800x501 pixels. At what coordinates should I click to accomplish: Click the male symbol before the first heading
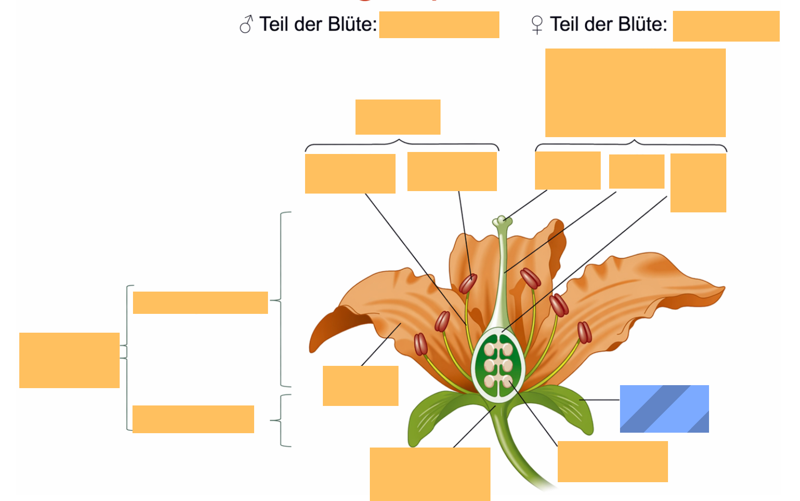(x=246, y=24)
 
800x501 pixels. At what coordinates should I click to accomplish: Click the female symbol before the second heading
(x=537, y=25)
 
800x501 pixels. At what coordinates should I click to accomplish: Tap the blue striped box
(x=665, y=409)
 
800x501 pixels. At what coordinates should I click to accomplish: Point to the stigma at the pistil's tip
(x=502, y=221)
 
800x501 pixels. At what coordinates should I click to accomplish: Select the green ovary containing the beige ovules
(x=498, y=365)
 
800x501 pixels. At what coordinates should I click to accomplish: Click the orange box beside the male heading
(x=439, y=25)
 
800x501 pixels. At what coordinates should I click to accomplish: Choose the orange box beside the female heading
(x=726, y=26)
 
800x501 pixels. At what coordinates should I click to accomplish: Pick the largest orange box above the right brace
(x=635, y=93)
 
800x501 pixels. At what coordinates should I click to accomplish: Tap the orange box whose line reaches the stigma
(x=568, y=170)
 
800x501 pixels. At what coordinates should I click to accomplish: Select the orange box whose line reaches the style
(x=636, y=171)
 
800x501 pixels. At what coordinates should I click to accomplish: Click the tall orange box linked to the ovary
(x=698, y=183)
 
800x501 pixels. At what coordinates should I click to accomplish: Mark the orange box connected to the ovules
(x=613, y=461)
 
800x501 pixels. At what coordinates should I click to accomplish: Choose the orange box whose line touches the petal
(x=360, y=386)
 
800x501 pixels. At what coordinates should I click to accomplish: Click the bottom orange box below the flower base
(x=430, y=474)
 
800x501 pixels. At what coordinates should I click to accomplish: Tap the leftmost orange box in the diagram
(x=69, y=360)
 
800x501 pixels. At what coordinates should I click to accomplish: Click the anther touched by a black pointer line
(x=468, y=284)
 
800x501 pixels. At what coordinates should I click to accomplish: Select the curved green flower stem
(x=514, y=447)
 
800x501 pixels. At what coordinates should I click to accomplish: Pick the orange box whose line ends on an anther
(x=452, y=171)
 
